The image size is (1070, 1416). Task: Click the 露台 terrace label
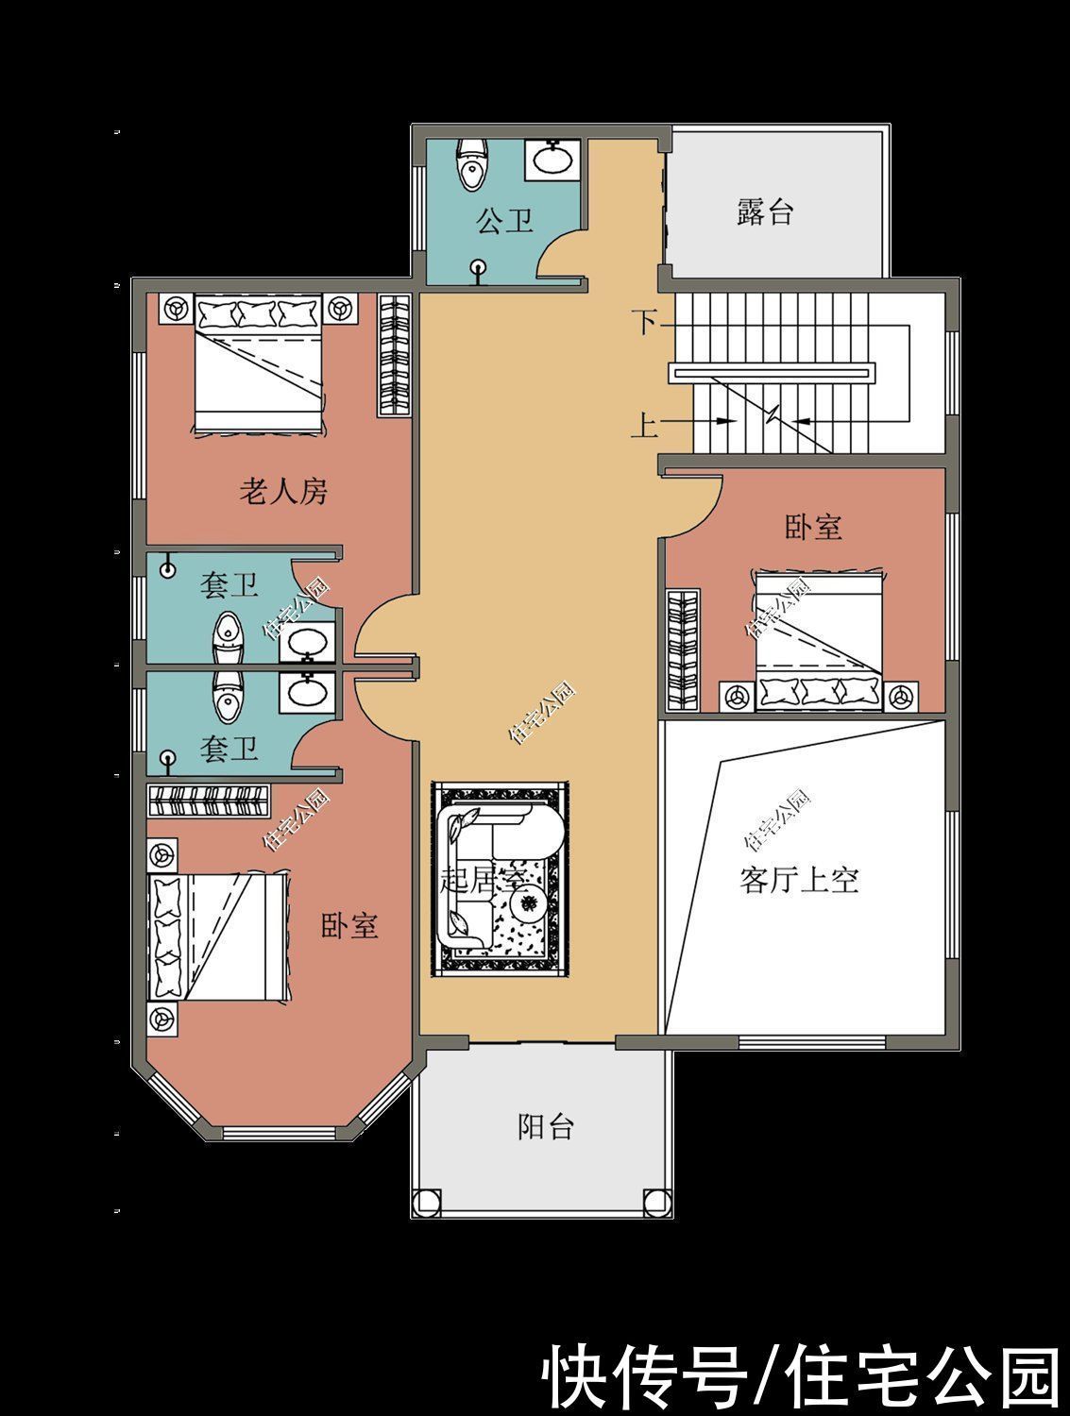pyautogui.click(x=764, y=212)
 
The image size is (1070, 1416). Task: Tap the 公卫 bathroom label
pyautogui.click(x=505, y=222)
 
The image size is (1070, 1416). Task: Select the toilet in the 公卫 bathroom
pyautogui.click(x=471, y=165)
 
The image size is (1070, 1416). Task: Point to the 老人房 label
pyautogui.click(x=283, y=491)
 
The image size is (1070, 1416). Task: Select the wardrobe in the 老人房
pyautogui.click(x=395, y=355)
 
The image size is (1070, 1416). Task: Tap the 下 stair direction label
pyautogui.click(x=645, y=323)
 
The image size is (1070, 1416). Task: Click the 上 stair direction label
pyautogui.click(x=644, y=426)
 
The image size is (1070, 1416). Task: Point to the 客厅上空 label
pyautogui.click(x=799, y=881)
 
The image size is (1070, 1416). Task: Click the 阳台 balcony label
pyautogui.click(x=546, y=1126)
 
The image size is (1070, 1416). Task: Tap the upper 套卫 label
pyautogui.click(x=229, y=586)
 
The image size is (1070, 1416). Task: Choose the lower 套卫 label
pyautogui.click(x=229, y=750)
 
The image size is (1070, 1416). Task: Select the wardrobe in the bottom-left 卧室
pyautogui.click(x=210, y=801)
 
